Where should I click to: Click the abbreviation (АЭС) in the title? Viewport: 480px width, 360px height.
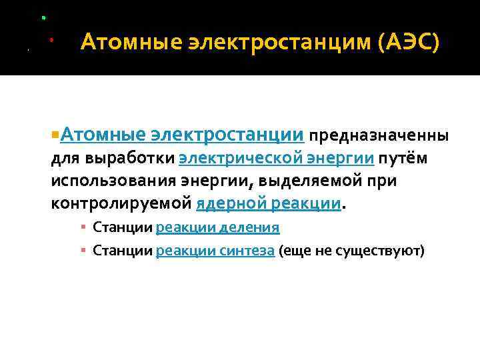pyautogui.click(x=408, y=44)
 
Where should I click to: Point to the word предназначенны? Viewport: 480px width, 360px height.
pyautogui.click(x=379, y=136)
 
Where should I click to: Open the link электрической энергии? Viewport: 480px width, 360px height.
pyautogui.click(x=277, y=159)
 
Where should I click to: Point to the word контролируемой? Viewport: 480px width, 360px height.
pyautogui.click(x=121, y=203)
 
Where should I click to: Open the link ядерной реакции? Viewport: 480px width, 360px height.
pyautogui.click(x=269, y=203)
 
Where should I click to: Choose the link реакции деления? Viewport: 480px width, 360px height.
pyautogui.click(x=217, y=227)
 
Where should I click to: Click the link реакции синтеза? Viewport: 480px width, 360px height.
pyautogui.click(x=215, y=251)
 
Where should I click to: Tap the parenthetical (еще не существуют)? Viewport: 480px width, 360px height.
pyautogui.click(x=351, y=251)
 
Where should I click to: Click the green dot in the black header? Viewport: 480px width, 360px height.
pyautogui.click(x=43, y=16)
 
